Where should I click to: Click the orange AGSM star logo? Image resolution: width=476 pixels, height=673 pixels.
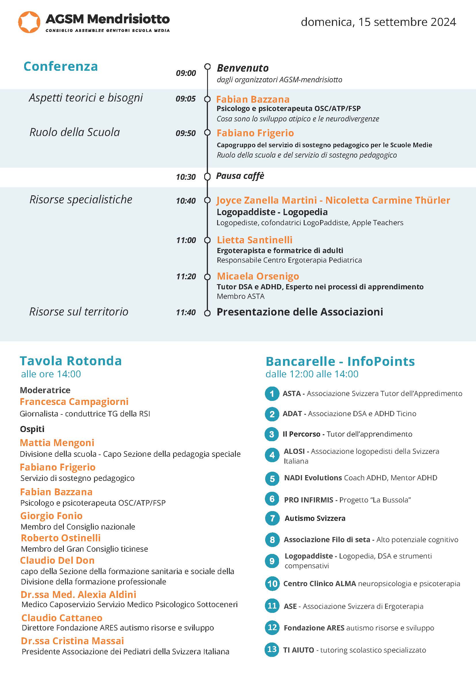pos(29,22)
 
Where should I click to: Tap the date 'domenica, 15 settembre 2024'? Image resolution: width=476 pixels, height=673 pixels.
pos(378,22)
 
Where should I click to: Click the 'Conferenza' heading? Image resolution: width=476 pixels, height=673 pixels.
pos(61,66)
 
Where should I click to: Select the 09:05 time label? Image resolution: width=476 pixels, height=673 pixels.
pos(186,99)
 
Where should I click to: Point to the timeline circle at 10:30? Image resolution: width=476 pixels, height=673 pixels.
pos(207,177)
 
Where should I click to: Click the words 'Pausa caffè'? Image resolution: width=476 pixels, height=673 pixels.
pos(240,176)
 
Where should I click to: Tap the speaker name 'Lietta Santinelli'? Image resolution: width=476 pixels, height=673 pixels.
pos(255,240)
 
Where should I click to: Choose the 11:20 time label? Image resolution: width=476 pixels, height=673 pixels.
pos(186,276)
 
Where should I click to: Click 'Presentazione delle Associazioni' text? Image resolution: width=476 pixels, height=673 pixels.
pos(300,312)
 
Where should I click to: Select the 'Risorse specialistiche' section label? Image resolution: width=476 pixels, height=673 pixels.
pos(81,200)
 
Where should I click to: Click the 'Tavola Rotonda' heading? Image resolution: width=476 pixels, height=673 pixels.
pos(71,361)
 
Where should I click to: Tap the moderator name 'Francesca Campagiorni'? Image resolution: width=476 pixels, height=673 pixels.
pos(74,401)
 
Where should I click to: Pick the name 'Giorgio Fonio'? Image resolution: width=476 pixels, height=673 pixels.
pos(51,516)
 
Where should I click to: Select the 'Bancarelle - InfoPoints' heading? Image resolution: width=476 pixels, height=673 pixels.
pos(340,362)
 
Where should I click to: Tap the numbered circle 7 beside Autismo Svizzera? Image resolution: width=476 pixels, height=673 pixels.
pos(272,519)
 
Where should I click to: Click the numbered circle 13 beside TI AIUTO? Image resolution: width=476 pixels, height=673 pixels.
pos(272,649)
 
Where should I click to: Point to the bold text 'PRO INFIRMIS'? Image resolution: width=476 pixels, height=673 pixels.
pos(309,500)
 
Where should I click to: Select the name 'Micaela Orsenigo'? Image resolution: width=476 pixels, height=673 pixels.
pos(258,276)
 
